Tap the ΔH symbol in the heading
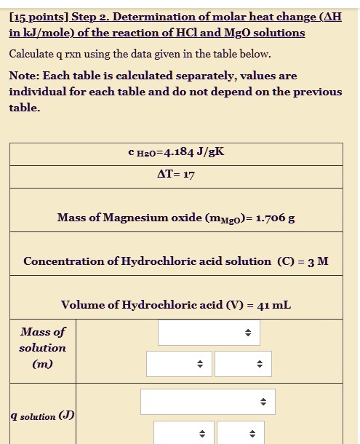coord(332,17)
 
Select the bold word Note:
coord(24,76)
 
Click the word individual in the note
coord(40,92)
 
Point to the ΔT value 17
coord(188,175)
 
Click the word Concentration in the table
coord(61,261)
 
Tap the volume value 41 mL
coord(272,305)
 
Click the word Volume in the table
coord(82,305)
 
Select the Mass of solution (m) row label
coord(42,347)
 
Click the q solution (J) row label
coord(42,416)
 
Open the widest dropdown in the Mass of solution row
coord(209,333)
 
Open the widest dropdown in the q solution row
coord(208,402)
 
